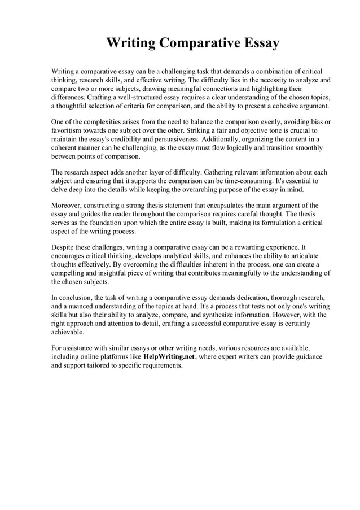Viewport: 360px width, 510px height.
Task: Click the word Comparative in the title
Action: [x=194, y=43]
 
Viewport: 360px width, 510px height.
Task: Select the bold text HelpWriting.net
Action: [x=169, y=358]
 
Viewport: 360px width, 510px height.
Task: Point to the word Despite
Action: [x=65, y=247]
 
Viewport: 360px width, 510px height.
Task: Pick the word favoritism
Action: [x=71, y=130]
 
